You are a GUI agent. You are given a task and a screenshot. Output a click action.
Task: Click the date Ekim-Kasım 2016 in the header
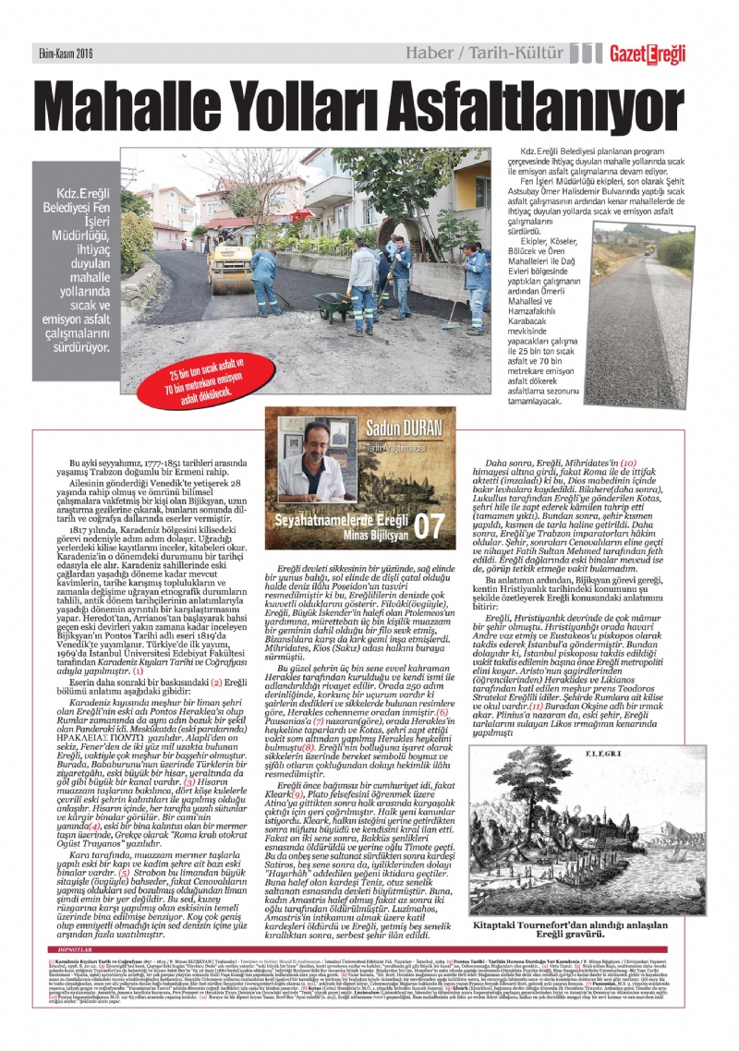[66, 54]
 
